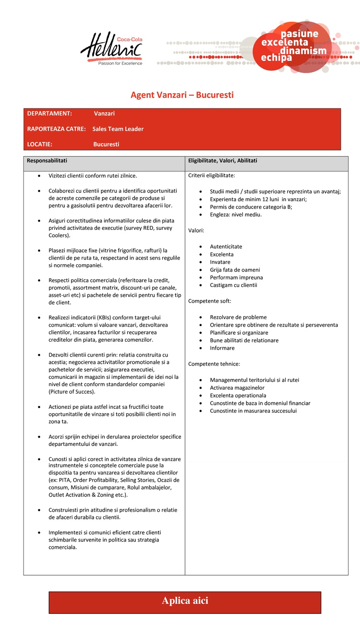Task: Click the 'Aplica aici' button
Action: [x=185, y=601]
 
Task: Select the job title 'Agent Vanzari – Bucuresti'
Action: [x=182, y=94]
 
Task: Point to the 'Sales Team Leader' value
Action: [x=118, y=129]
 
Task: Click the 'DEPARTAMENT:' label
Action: [x=49, y=114]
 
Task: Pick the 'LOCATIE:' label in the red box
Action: [x=40, y=144]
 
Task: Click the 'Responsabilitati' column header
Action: [x=47, y=161]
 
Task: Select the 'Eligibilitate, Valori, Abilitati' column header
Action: [x=222, y=161]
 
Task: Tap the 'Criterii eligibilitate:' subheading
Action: [x=212, y=175]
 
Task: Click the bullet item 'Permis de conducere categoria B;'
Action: [x=251, y=207]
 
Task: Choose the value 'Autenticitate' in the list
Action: [x=226, y=246]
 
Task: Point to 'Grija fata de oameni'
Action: [x=235, y=270]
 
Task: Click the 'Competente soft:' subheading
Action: [x=209, y=301]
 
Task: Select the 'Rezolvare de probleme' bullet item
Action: [x=238, y=317]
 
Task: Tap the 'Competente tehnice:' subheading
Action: [x=214, y=364]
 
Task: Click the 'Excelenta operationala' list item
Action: [x=238, y=395]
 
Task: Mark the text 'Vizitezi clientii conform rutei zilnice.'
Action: [x=93, y=176]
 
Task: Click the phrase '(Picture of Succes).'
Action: [x=72, y=392]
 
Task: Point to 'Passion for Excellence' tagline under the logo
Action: [x=120, y=64]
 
